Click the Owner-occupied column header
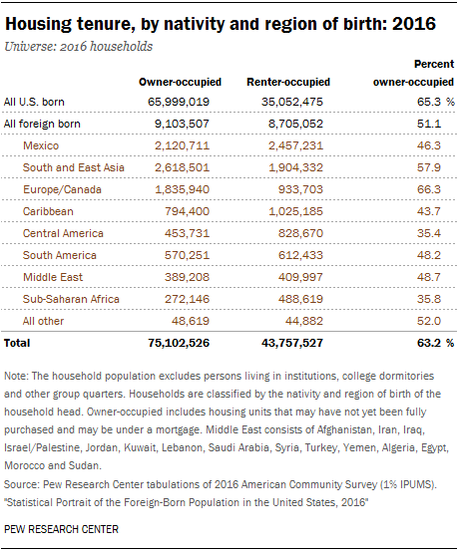(180, 82)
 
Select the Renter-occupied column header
(288, 82)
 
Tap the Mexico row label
(41, 145)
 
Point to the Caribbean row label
(48, 211)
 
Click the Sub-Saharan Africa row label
(71, 299)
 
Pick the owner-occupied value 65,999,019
(179, 102)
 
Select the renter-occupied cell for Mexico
(295, 145)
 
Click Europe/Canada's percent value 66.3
(429, 189)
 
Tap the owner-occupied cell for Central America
(187, 233)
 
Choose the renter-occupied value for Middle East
(300, 277)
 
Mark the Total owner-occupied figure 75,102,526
(179, 343)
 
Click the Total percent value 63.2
(429, 343)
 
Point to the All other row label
(43, 321)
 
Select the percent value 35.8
(429, 299)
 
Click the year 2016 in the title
(414, 24)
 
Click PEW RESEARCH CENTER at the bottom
(61, 529)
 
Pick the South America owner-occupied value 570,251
(187, 255)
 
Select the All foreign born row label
(42, 124)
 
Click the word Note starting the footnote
(16, 376)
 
